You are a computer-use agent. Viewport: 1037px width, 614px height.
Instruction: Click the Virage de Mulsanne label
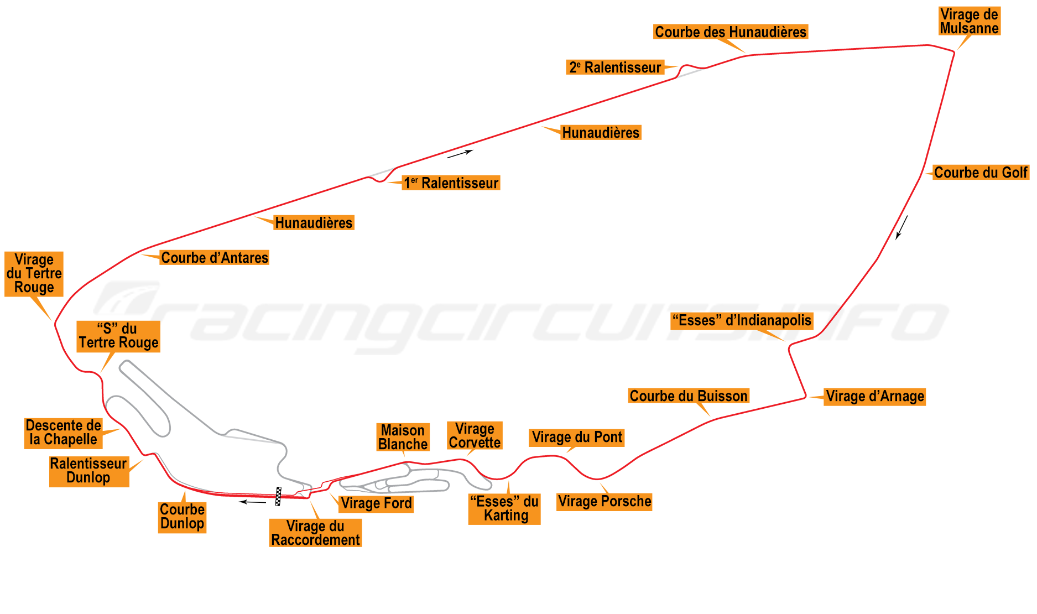[x=969, y=22]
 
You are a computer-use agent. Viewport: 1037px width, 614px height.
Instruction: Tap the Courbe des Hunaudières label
[x=730, y=32]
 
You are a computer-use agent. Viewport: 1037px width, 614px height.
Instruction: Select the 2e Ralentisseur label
[x=615, y=67]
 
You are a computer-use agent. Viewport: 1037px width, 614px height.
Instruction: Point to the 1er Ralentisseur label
[x=451, y=183]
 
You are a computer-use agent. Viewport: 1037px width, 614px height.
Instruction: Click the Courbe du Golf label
[x=981, y=173]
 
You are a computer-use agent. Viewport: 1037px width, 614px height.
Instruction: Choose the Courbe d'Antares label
[x=215, y=258]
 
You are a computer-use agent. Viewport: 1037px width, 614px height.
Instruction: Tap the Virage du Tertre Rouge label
[x=34, y=274]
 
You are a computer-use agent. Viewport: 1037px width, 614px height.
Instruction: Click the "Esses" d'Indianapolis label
[x=742, y=321]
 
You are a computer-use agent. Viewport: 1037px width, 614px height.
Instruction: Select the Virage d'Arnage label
[x=874, y=397]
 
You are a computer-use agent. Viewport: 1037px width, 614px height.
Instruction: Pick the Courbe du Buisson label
[x=689, y=396]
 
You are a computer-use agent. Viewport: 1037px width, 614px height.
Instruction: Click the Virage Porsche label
[x=605, y=502]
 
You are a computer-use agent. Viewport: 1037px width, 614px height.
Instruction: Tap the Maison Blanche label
[x=403, y=438]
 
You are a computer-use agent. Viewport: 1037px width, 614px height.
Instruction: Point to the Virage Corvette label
[x=475, y=435]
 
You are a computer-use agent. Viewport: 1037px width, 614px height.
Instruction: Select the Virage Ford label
[x=376, y=503]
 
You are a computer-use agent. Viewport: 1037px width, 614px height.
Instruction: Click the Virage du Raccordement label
[x=315, y=533]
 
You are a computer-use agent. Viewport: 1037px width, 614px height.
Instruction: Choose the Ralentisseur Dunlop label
[x=89, y=471]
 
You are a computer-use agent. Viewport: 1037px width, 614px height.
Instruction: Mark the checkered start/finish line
[x=279, y=496]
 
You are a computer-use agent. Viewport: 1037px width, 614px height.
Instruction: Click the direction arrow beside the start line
[x=253, y=502]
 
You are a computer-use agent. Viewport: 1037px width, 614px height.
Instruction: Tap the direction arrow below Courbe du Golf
[x=901, y=227]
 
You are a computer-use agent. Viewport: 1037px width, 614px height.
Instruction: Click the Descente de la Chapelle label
[x=64, y=433]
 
